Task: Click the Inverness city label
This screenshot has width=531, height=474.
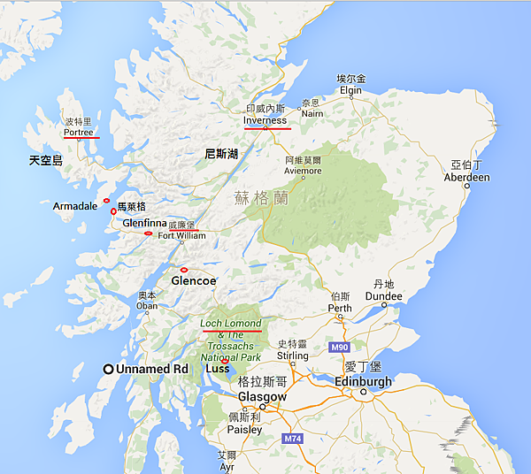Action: click(265, 120)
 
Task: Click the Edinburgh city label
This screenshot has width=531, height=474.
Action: click(363, 381)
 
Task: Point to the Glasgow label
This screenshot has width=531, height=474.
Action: click(262, 397)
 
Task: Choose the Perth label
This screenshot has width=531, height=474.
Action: click(340, 308)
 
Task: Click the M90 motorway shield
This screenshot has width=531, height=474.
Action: click(341, 348)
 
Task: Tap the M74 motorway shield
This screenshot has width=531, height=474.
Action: click(294, 438)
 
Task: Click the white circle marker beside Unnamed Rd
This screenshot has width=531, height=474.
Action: click(108, 369)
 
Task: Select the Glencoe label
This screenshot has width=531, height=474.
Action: click(193, 280)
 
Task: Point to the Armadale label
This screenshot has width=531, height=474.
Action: click(75, 206)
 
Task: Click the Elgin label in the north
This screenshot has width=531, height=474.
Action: click(351, 90)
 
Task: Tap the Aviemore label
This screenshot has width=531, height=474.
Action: click(304, 172)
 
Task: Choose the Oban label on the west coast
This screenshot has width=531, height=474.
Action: click(147, 306)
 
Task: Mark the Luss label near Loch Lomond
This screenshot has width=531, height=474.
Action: click(217, 368)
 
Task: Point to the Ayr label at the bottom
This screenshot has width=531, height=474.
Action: click(227, 465)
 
